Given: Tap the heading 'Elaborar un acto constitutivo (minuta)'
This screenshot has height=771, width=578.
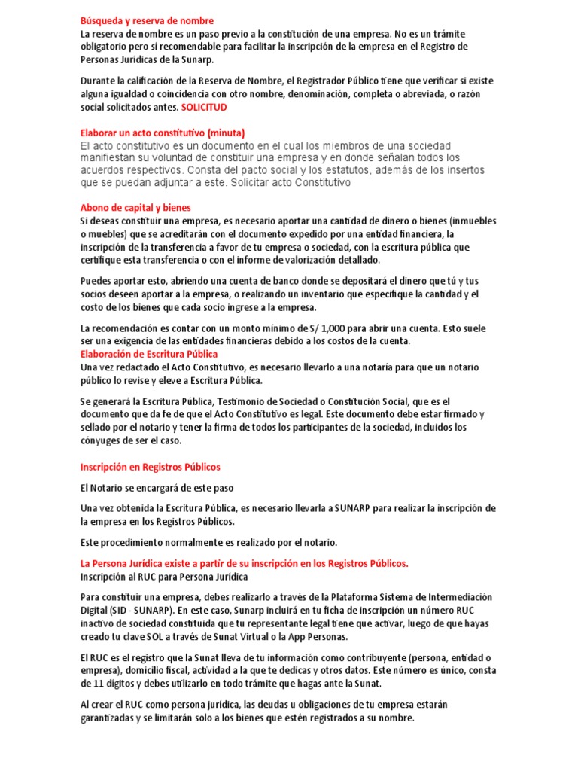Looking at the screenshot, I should tap(163, 132).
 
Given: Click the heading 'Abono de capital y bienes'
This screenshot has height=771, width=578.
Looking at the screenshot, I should tap(135, 207).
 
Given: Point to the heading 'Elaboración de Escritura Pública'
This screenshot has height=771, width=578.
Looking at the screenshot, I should tap(149, 353).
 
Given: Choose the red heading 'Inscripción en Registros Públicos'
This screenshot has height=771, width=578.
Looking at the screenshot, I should tap(151, 467).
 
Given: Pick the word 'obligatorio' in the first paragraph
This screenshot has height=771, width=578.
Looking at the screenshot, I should tap(108, 47).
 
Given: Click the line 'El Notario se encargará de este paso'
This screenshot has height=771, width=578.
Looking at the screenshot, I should tap(157, 488).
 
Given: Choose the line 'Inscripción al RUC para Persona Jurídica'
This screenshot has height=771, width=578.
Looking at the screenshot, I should tap(164, 577).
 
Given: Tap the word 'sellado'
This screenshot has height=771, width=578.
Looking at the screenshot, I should tap(98, 428).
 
